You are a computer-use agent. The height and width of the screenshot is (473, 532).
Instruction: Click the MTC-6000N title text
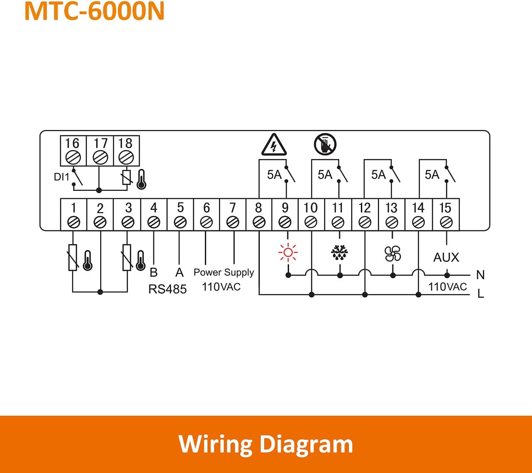pos(94,12)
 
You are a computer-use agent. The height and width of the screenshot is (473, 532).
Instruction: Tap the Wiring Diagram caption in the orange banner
pos(266,444)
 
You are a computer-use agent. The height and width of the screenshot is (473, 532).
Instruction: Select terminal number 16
pos(72,143)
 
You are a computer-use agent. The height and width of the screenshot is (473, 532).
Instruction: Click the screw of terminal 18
pos(126,157)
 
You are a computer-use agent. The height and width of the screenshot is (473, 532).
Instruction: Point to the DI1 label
pos(62,177)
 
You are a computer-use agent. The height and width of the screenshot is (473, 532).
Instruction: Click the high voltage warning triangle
pos(274,145)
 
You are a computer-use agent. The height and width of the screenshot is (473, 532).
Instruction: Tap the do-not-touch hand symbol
pos(325,144)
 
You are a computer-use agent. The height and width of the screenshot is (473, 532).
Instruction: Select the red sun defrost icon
pos(288,253)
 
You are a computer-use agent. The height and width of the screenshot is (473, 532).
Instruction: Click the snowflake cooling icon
pos(340,253)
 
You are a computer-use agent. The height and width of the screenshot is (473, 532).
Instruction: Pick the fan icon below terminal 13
pos(393,253)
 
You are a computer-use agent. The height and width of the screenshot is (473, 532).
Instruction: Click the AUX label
pos(446,257)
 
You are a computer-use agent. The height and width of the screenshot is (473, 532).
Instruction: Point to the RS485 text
pos(167,289)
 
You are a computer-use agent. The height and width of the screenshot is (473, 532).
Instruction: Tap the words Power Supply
pos(223,272)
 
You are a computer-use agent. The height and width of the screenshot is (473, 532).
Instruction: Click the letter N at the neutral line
pos(480,275)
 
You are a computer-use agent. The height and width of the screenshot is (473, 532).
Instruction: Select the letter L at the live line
pos(481,294)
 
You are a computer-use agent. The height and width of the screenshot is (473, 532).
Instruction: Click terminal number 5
pos(180,208)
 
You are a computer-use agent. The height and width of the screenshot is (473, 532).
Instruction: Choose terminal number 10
pos(310,208)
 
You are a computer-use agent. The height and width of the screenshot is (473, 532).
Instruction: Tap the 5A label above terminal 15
pos(432,175)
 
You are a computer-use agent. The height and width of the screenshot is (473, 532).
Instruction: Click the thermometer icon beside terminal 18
pos(141,179)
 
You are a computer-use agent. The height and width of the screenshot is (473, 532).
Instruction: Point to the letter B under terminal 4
pos(154,272)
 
